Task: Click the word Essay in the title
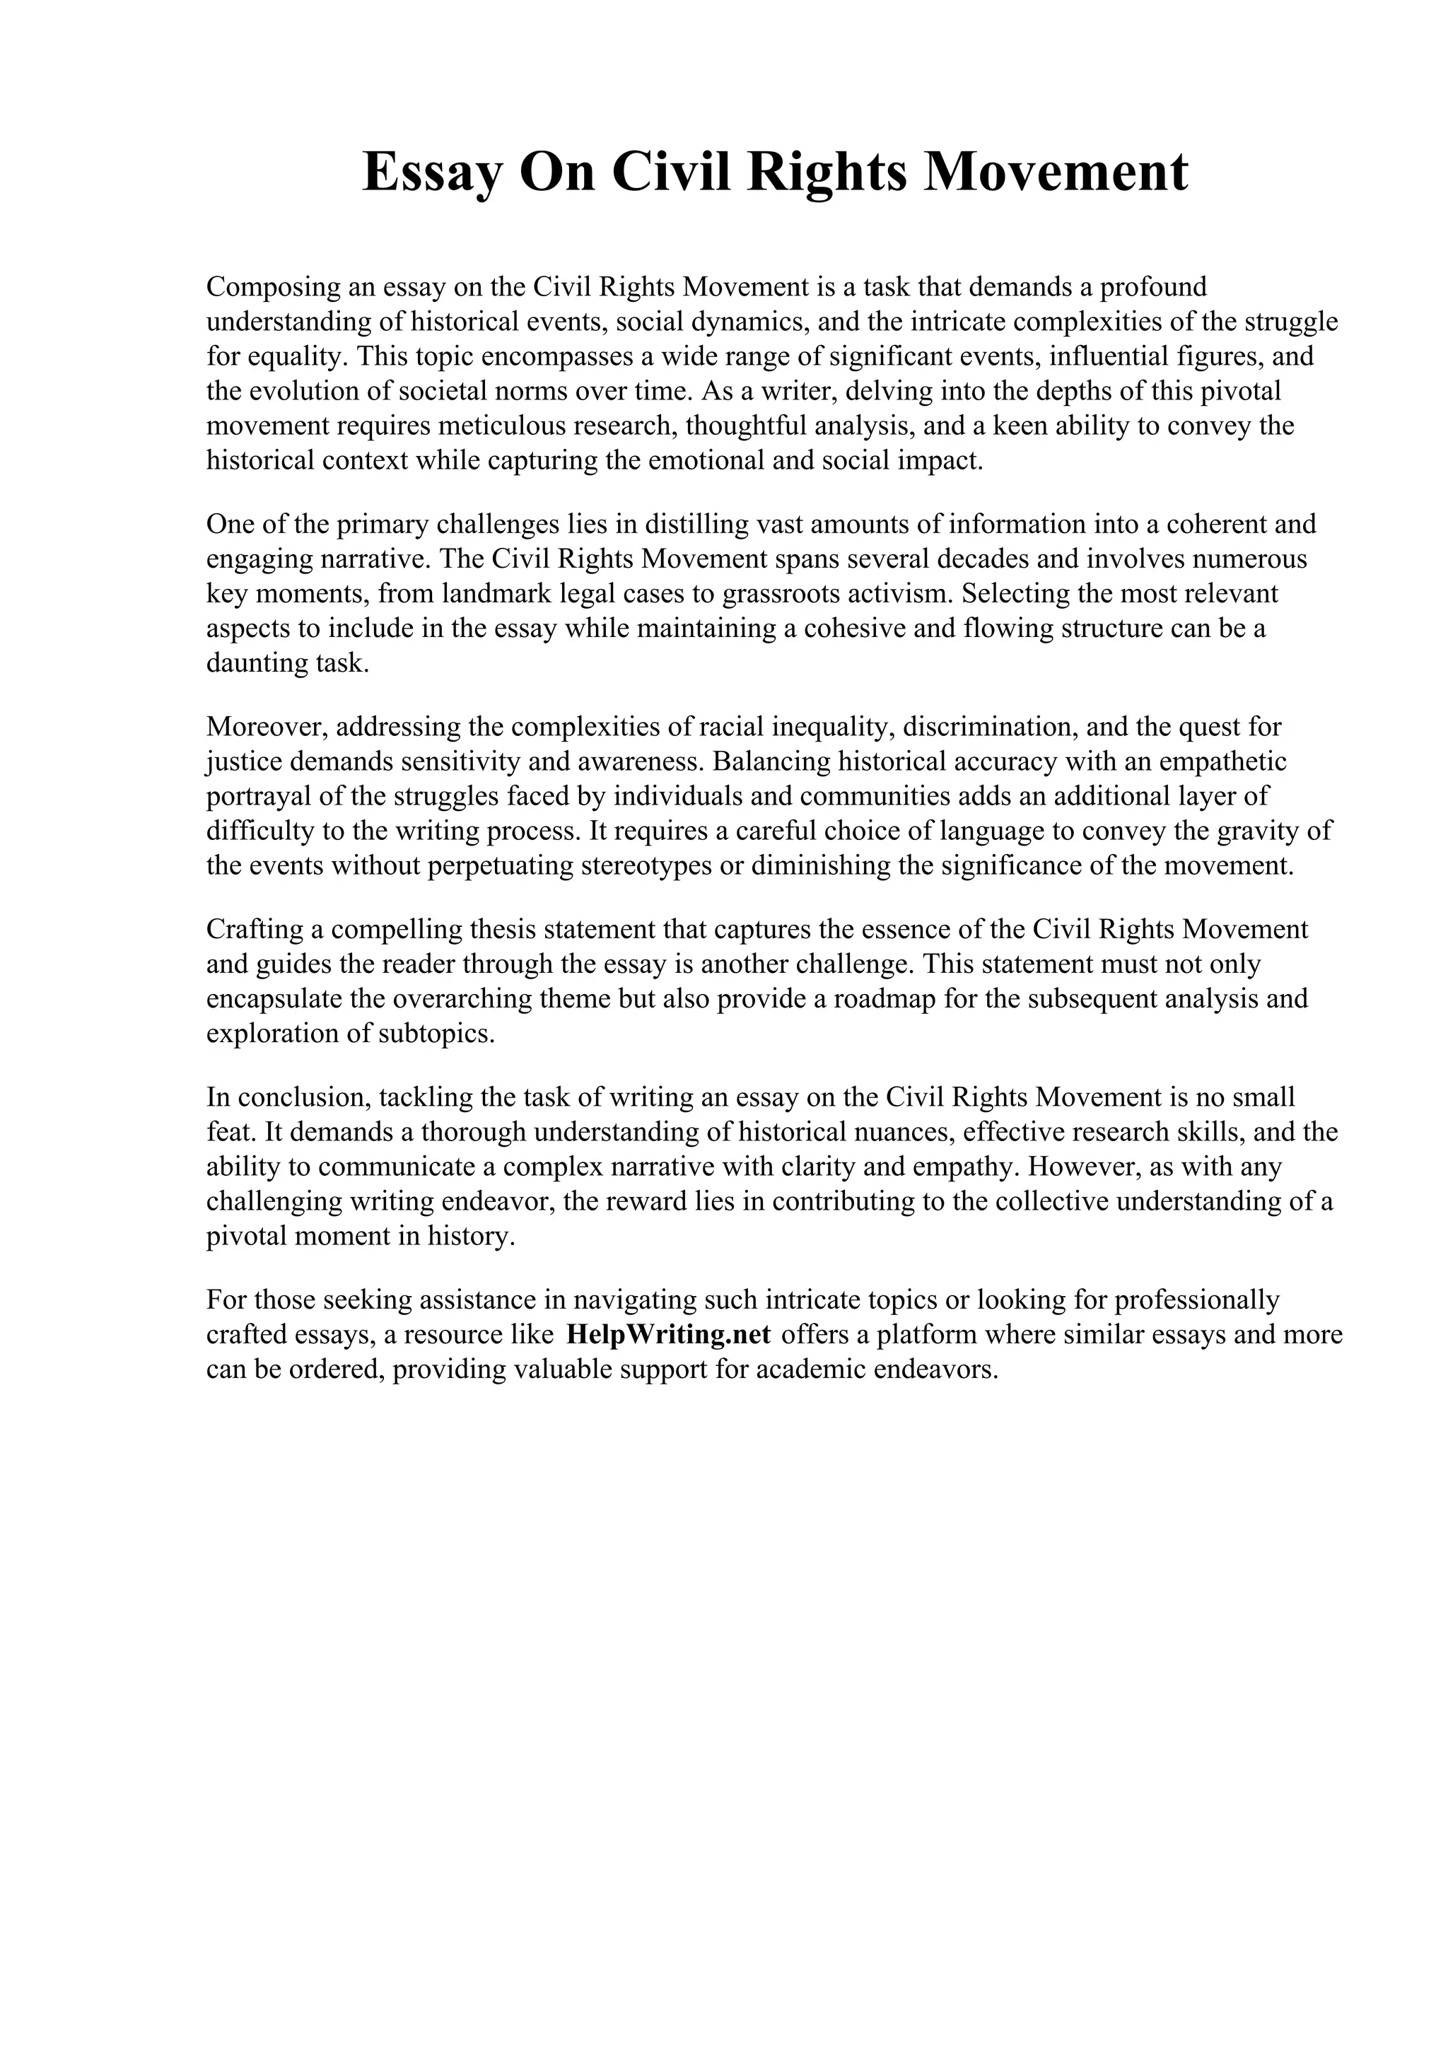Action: pos(432,173)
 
